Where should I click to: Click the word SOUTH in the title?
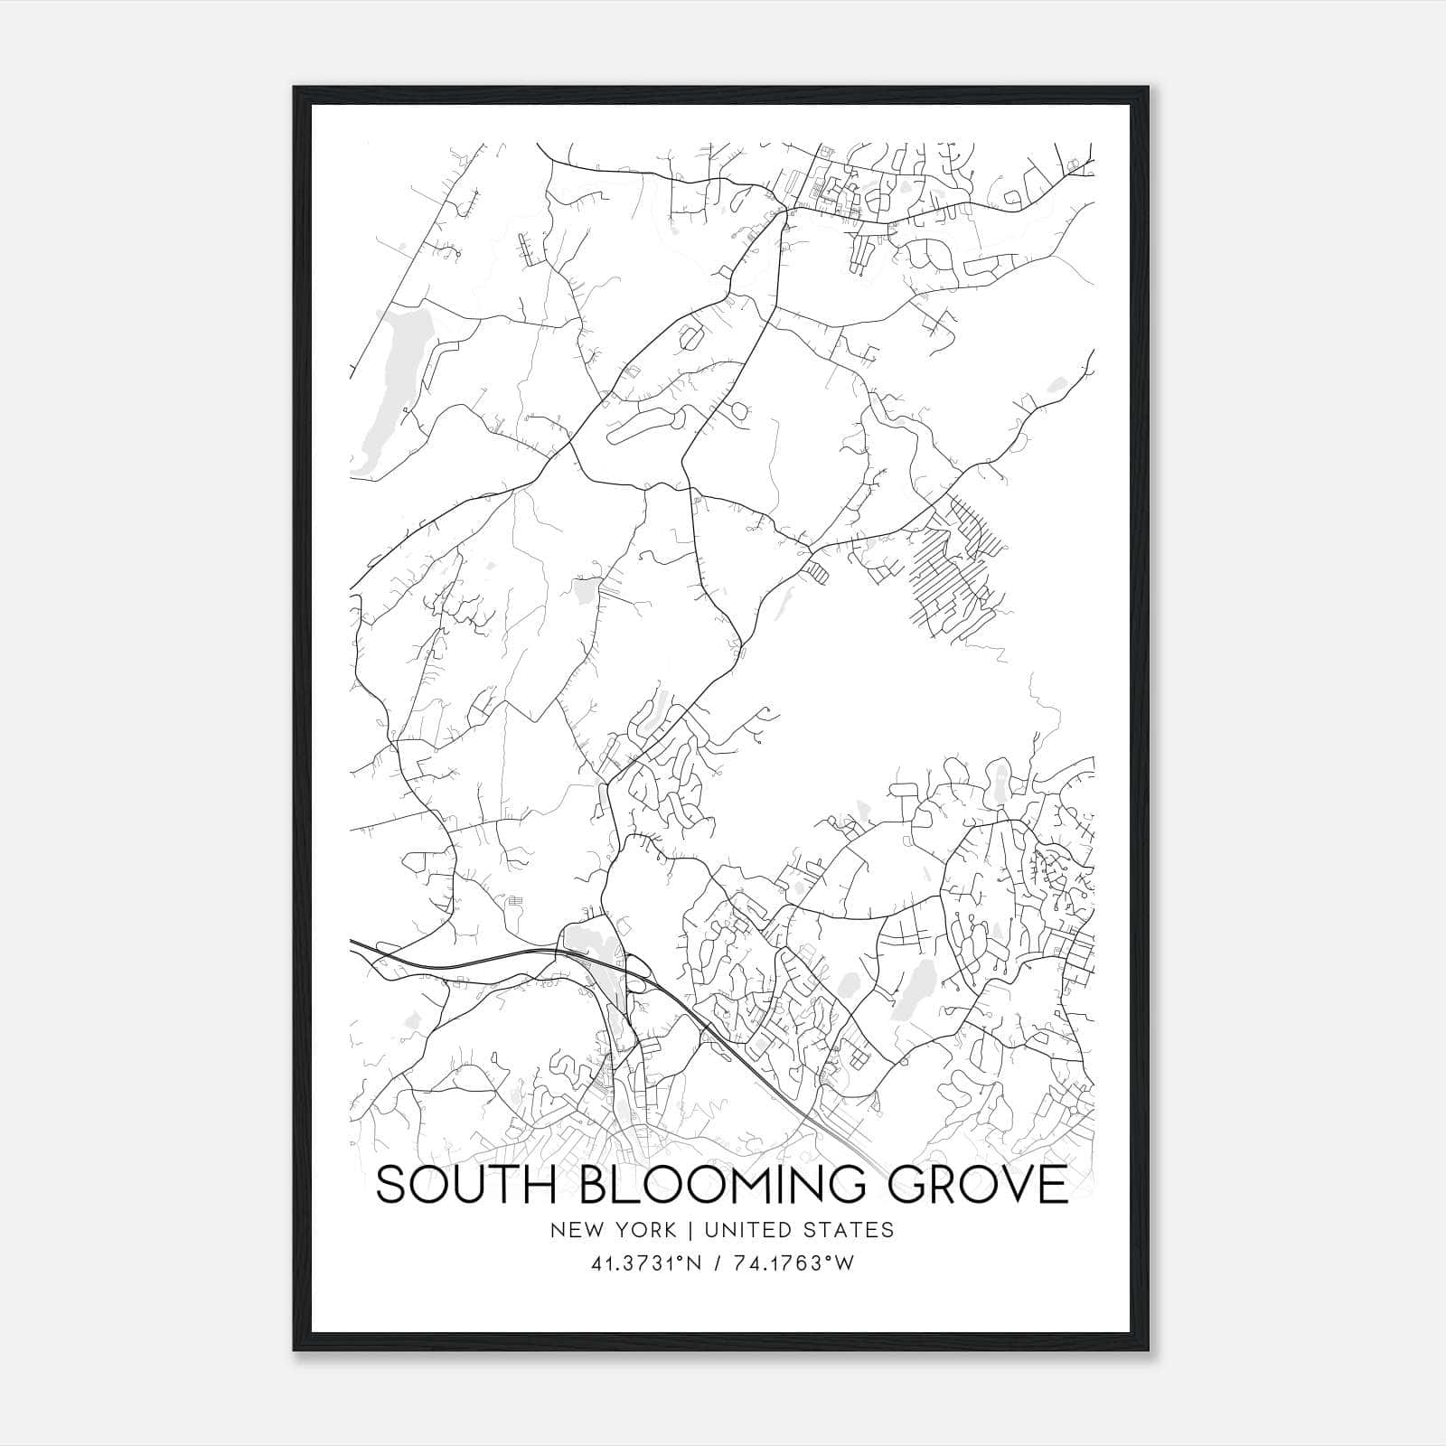467,1185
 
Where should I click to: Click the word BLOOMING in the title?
725,1185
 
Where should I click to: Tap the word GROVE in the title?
978,1185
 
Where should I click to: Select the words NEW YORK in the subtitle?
612,1229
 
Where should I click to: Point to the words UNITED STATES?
799,1229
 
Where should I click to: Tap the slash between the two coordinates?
717,1263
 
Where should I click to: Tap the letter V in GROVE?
1007,1185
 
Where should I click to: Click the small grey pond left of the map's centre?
585,592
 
